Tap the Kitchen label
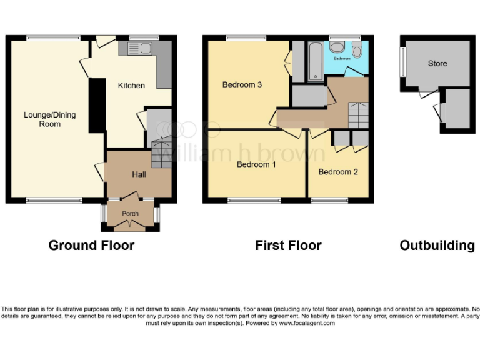[131, 86]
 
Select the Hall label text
[139, 174]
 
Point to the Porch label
[130, 214]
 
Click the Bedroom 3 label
[242, 85]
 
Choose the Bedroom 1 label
[256, 165]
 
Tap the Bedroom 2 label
[338, 172]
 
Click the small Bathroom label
[342, 59]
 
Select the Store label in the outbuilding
[437, 64]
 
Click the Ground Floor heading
[91, 246]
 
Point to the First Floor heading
[288, 246]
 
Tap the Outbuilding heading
[437, 246]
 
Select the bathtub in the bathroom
[315, 61]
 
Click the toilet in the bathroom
[357, 50]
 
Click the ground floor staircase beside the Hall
[161, 153]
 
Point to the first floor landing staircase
[359, 114]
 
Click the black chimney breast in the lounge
[97, 105]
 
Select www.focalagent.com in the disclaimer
[306, 323]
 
